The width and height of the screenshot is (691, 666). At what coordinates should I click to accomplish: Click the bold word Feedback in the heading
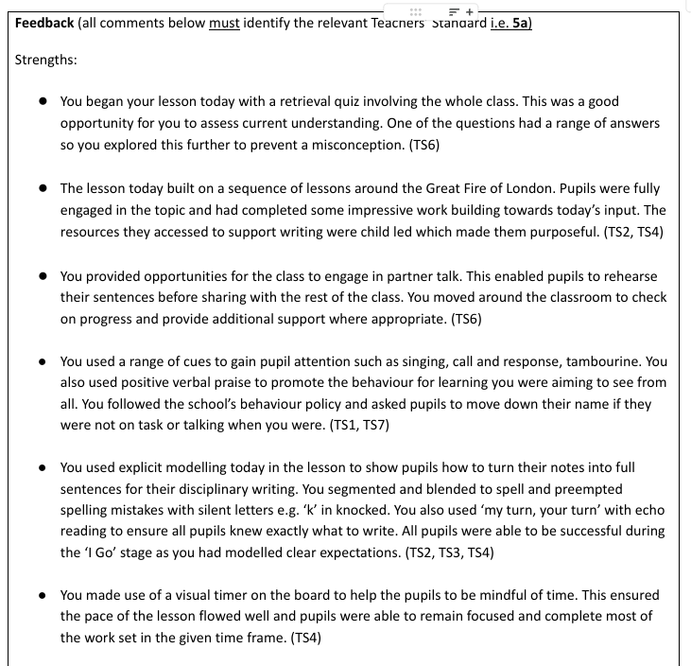point(43,23)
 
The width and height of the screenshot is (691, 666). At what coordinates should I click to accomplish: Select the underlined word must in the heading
point(224,23)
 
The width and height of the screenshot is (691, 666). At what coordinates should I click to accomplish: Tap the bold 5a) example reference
point(521,23)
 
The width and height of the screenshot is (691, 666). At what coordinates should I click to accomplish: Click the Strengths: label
point(46,60)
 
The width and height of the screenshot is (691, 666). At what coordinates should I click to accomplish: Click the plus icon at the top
point(471,9)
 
